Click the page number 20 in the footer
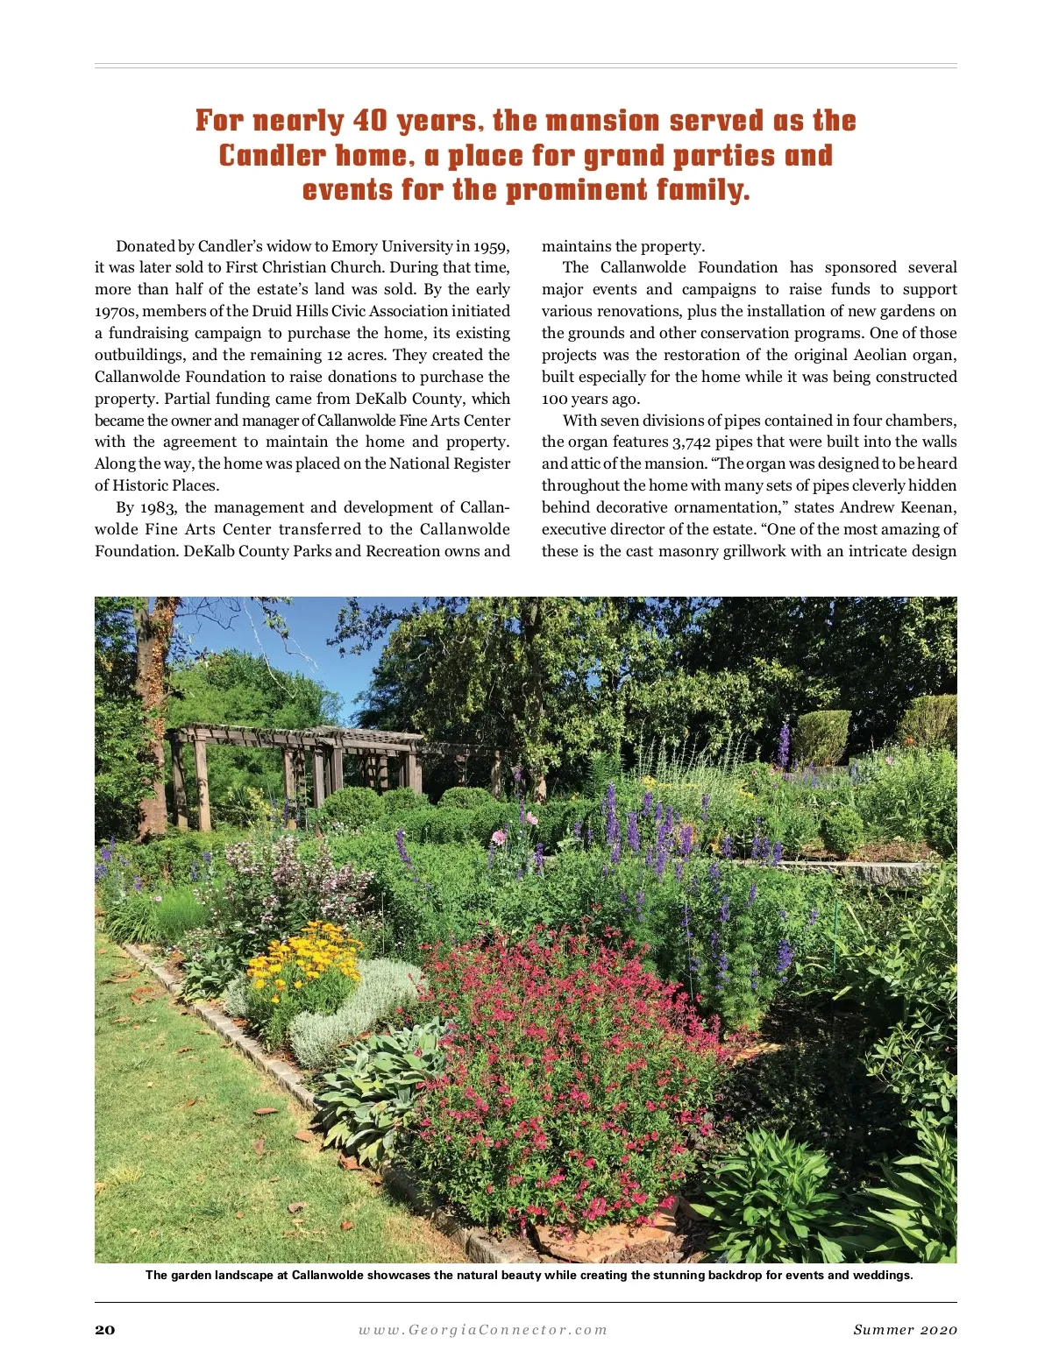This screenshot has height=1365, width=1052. (105, 1329)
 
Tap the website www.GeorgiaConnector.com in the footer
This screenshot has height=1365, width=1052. (482, 1329)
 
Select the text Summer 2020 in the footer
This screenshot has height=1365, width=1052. (905, 1329)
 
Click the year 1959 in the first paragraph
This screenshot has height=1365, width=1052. (491, 246)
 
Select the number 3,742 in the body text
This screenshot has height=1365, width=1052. (691, 442)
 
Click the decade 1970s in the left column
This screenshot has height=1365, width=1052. (115, 311)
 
